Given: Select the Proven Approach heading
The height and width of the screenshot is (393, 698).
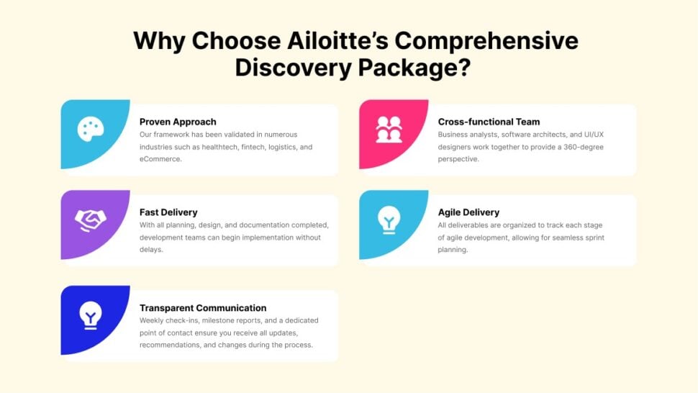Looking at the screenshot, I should coord(178,122).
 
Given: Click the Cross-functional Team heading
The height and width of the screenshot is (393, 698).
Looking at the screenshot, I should coord(489,122).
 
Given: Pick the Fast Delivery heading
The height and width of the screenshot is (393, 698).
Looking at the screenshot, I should coord(168,212).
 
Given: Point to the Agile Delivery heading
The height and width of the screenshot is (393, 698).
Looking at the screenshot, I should coord(468,212).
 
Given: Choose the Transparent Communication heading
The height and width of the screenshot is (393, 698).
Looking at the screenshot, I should coord(203,308).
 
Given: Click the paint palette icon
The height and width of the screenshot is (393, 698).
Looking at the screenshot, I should coord(91,130).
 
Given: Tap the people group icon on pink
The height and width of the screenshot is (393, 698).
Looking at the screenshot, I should coord(389,130).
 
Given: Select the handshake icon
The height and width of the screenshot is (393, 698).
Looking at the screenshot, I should coord(91,220).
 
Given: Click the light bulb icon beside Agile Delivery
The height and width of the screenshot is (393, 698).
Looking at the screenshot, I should coord(389,220).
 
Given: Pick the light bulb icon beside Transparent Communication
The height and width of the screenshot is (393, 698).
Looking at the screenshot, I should coord(91,315).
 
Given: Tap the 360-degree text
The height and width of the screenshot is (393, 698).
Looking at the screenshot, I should coord(583,147).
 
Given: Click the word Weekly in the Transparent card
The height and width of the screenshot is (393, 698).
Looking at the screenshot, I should coord(153,320).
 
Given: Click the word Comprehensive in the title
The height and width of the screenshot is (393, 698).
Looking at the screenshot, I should coord(484,40).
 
